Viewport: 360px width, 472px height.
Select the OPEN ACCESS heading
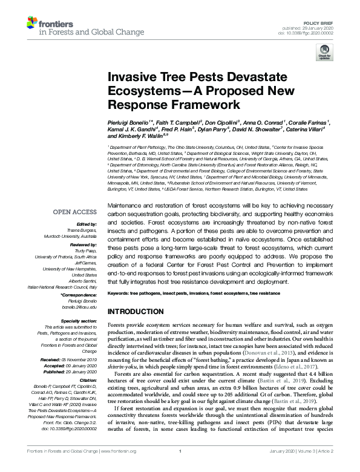pyautogui.click(x=76, y=212)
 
